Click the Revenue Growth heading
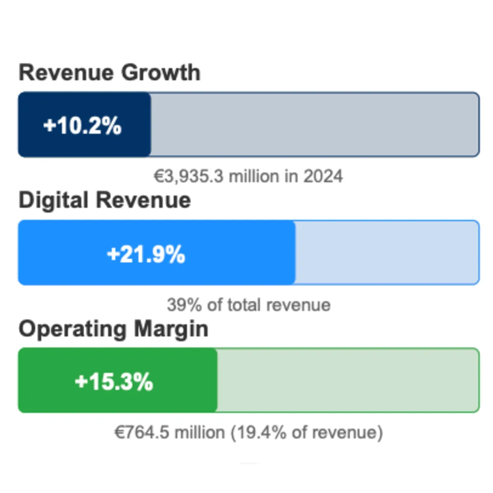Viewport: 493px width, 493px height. [x=109, y=73]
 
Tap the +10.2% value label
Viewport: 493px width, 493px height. [x=83, y=125]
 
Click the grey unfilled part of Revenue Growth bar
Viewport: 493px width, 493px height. [x=314, y=125]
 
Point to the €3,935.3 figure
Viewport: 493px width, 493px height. [x=189, y=177]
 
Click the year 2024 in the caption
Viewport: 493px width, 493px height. [x=323, y=177]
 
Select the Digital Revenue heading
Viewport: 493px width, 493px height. [x=105, y=200]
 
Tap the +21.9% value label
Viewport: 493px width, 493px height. [x=146, y=254]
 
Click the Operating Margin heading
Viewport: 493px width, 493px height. [x=113, y=329]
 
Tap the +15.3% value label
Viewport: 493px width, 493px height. [x=114, y=382]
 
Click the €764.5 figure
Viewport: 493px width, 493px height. [x=141, y=433]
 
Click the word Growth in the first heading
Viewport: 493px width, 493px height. [x=161, y=73]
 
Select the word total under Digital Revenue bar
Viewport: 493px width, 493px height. [x=244, y=305]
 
